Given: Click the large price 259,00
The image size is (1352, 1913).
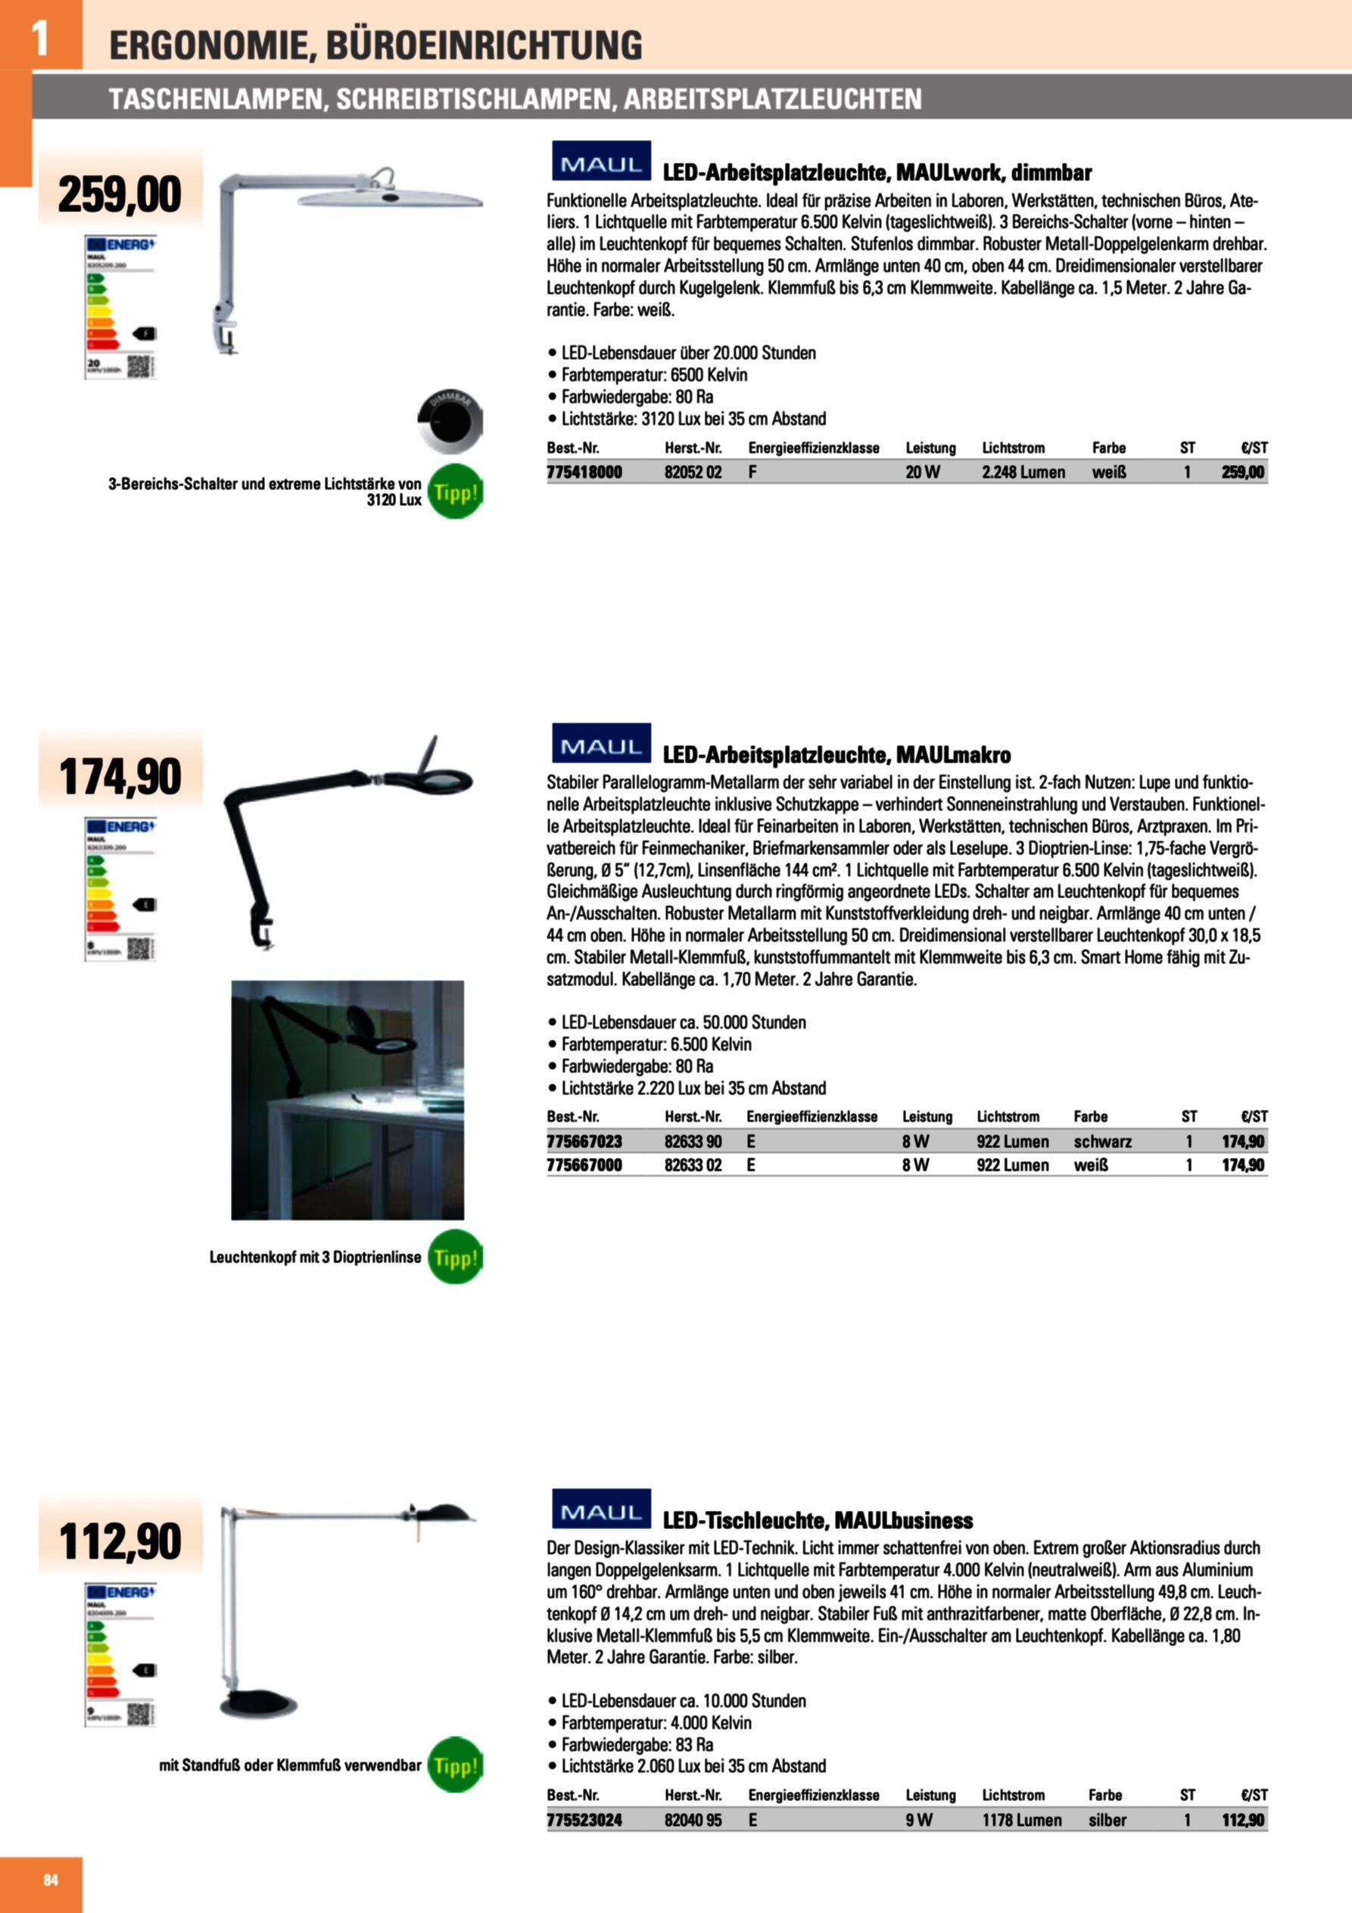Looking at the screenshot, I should pyautogui.click(x=120, y=194).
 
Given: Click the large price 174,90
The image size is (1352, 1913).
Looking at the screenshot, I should pyautogui.click(x=120, y=776).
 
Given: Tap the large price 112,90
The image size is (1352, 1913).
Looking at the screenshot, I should pyautogui.click(x=120, y=1540).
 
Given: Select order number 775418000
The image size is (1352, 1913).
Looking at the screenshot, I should pyautogui.click(x=584, y=473).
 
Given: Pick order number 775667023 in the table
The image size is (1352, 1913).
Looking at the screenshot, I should pyautogui.click(x=584, y=1141).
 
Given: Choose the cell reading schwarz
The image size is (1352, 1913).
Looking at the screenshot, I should pyautogui.click(x=1102, y=1141).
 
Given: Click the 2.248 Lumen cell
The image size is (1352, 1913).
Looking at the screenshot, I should pyautogui.click(x=1023, y=473).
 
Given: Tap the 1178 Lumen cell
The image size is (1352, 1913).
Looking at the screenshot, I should pyautogui.click(x=1021, y=1821).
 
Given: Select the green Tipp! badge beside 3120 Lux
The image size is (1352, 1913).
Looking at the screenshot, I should pyautogui.click(x=455, y=492).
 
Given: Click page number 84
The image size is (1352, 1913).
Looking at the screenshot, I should pyautogui.click(x=51, y=1880).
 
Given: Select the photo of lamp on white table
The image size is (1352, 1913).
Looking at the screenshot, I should pyautogui.click(x=347, y=1100).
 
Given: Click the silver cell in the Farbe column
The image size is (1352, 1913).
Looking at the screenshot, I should pyautogui.click(x=1107, y=1821).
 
